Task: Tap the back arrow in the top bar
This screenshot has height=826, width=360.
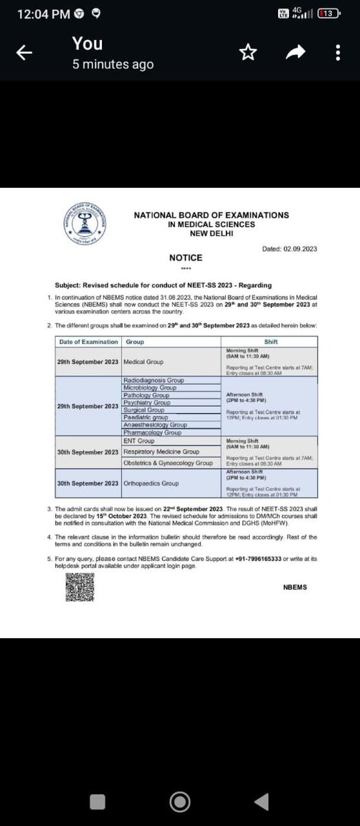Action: pyautogui.click(x=25, y=53)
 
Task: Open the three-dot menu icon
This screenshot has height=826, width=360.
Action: pyautogui.click(x=337, y=53)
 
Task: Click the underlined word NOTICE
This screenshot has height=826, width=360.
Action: pyautogui.click(x=186, y=257)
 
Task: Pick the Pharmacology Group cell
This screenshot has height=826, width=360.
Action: pyautogui.click(x=153, y=433)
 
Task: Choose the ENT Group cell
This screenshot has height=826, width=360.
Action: pyautogui.click(x=139, y=441)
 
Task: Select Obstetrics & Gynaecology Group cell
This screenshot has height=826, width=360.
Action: pyautogui.click(x=168, y=463)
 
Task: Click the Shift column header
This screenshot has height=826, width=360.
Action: pyautogui.click(x=271, y=341)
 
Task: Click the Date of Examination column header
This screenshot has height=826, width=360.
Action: pyautogui.click(x=88, y=341)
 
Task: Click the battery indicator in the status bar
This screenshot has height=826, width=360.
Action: pyautogui.click(x=328, y=14)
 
